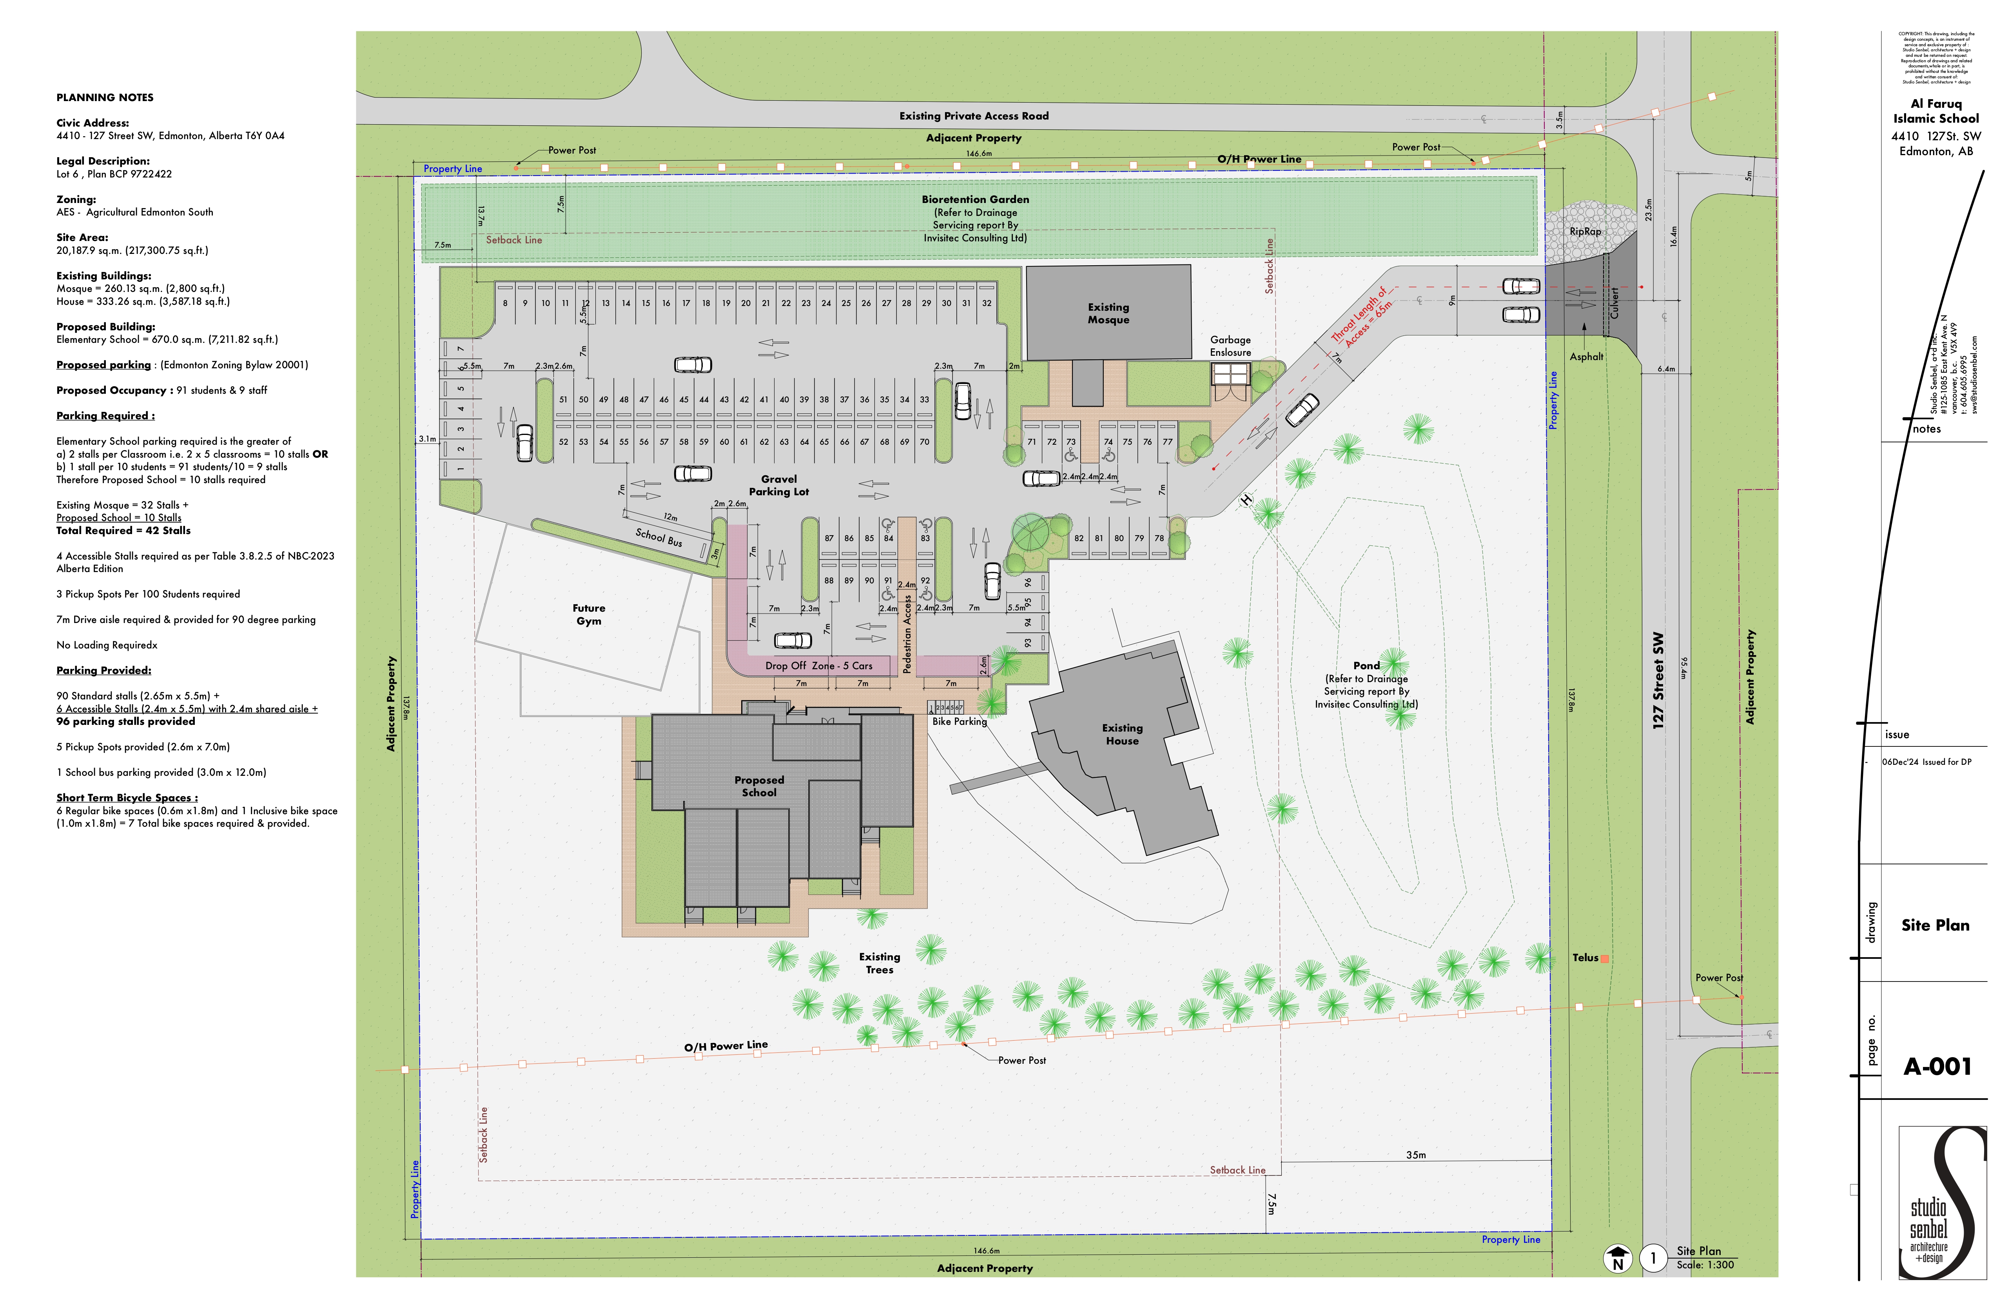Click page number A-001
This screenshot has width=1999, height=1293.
click(x=1937, y=1066)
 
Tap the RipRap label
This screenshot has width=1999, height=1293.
click(x=1585, y=232)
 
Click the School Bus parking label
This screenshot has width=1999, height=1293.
click(x=658, y=537)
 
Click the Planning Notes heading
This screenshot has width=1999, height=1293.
click(x=105, y=98)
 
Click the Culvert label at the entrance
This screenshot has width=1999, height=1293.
click(x=1613, y=302)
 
